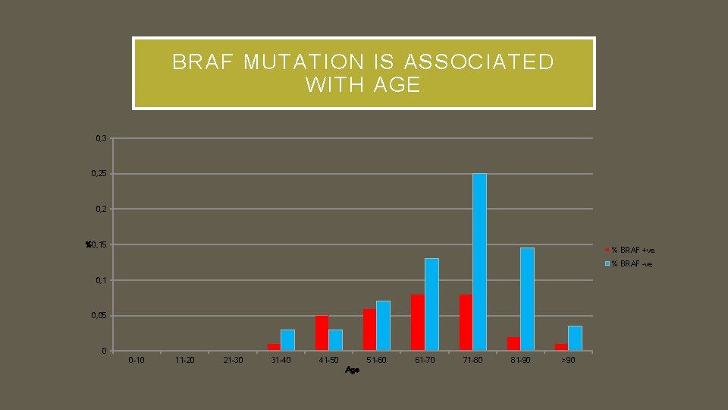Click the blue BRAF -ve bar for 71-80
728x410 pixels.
coord(479,262)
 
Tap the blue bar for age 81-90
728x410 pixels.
coord(527,299)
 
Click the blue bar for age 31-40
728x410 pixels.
coord(287,340)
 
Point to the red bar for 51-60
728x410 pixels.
coord(369,330)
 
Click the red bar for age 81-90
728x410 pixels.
coord(513,344)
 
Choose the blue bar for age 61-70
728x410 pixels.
coord(431,304)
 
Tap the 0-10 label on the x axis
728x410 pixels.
coord(137,360)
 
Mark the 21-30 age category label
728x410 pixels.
coord(233,360)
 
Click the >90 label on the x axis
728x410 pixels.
coord(568,360)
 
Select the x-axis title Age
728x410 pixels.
coord(352,370)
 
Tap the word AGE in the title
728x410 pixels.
coord(397,85)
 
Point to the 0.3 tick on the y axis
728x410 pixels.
coord(102,138)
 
